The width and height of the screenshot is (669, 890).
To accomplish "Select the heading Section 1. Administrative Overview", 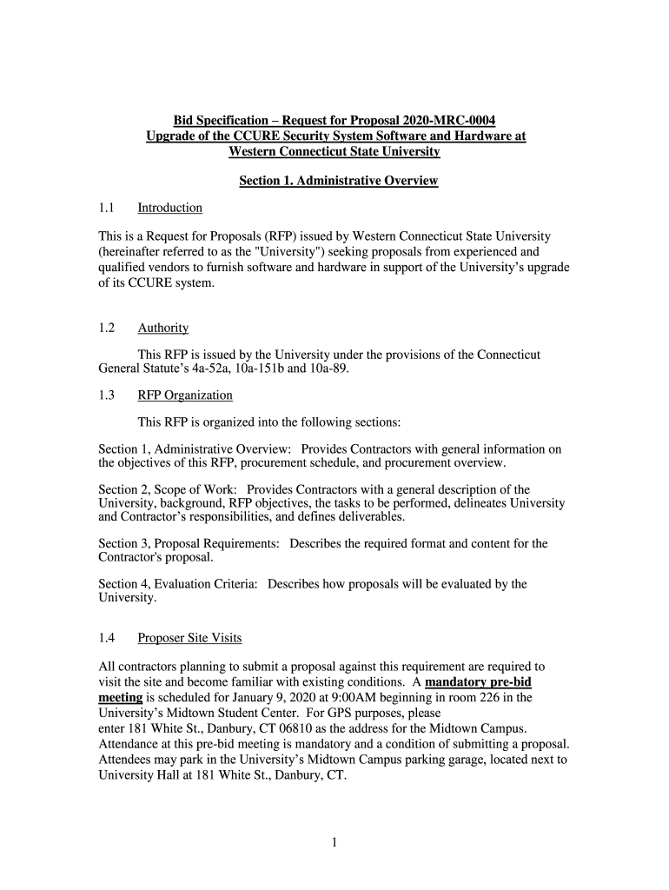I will point(338,181).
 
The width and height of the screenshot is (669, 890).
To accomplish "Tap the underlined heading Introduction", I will point(169,208).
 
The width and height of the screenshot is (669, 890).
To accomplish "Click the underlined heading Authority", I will point(162,328).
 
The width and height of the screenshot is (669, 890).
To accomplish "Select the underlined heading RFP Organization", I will point(185,395).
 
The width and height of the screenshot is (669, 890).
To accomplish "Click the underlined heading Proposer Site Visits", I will point(189,638).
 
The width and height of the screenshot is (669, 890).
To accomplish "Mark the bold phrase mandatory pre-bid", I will point(477,681).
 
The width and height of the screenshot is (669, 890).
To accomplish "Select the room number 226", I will point(496,697).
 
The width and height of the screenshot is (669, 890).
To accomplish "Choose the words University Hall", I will point(136,775).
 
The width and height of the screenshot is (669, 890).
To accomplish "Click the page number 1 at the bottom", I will point(334,842).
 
